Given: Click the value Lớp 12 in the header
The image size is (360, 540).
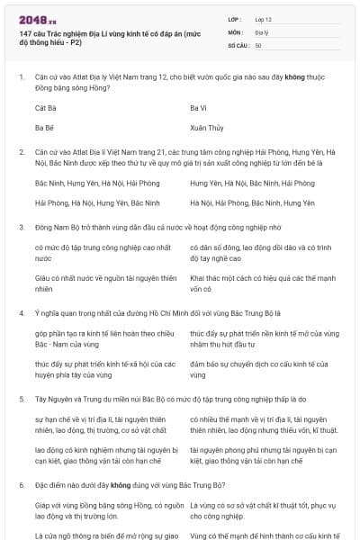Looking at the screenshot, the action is [264, 18].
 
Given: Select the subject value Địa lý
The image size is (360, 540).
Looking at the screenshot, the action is [261, 31].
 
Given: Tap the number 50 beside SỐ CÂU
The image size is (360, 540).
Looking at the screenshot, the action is [258, 44].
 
